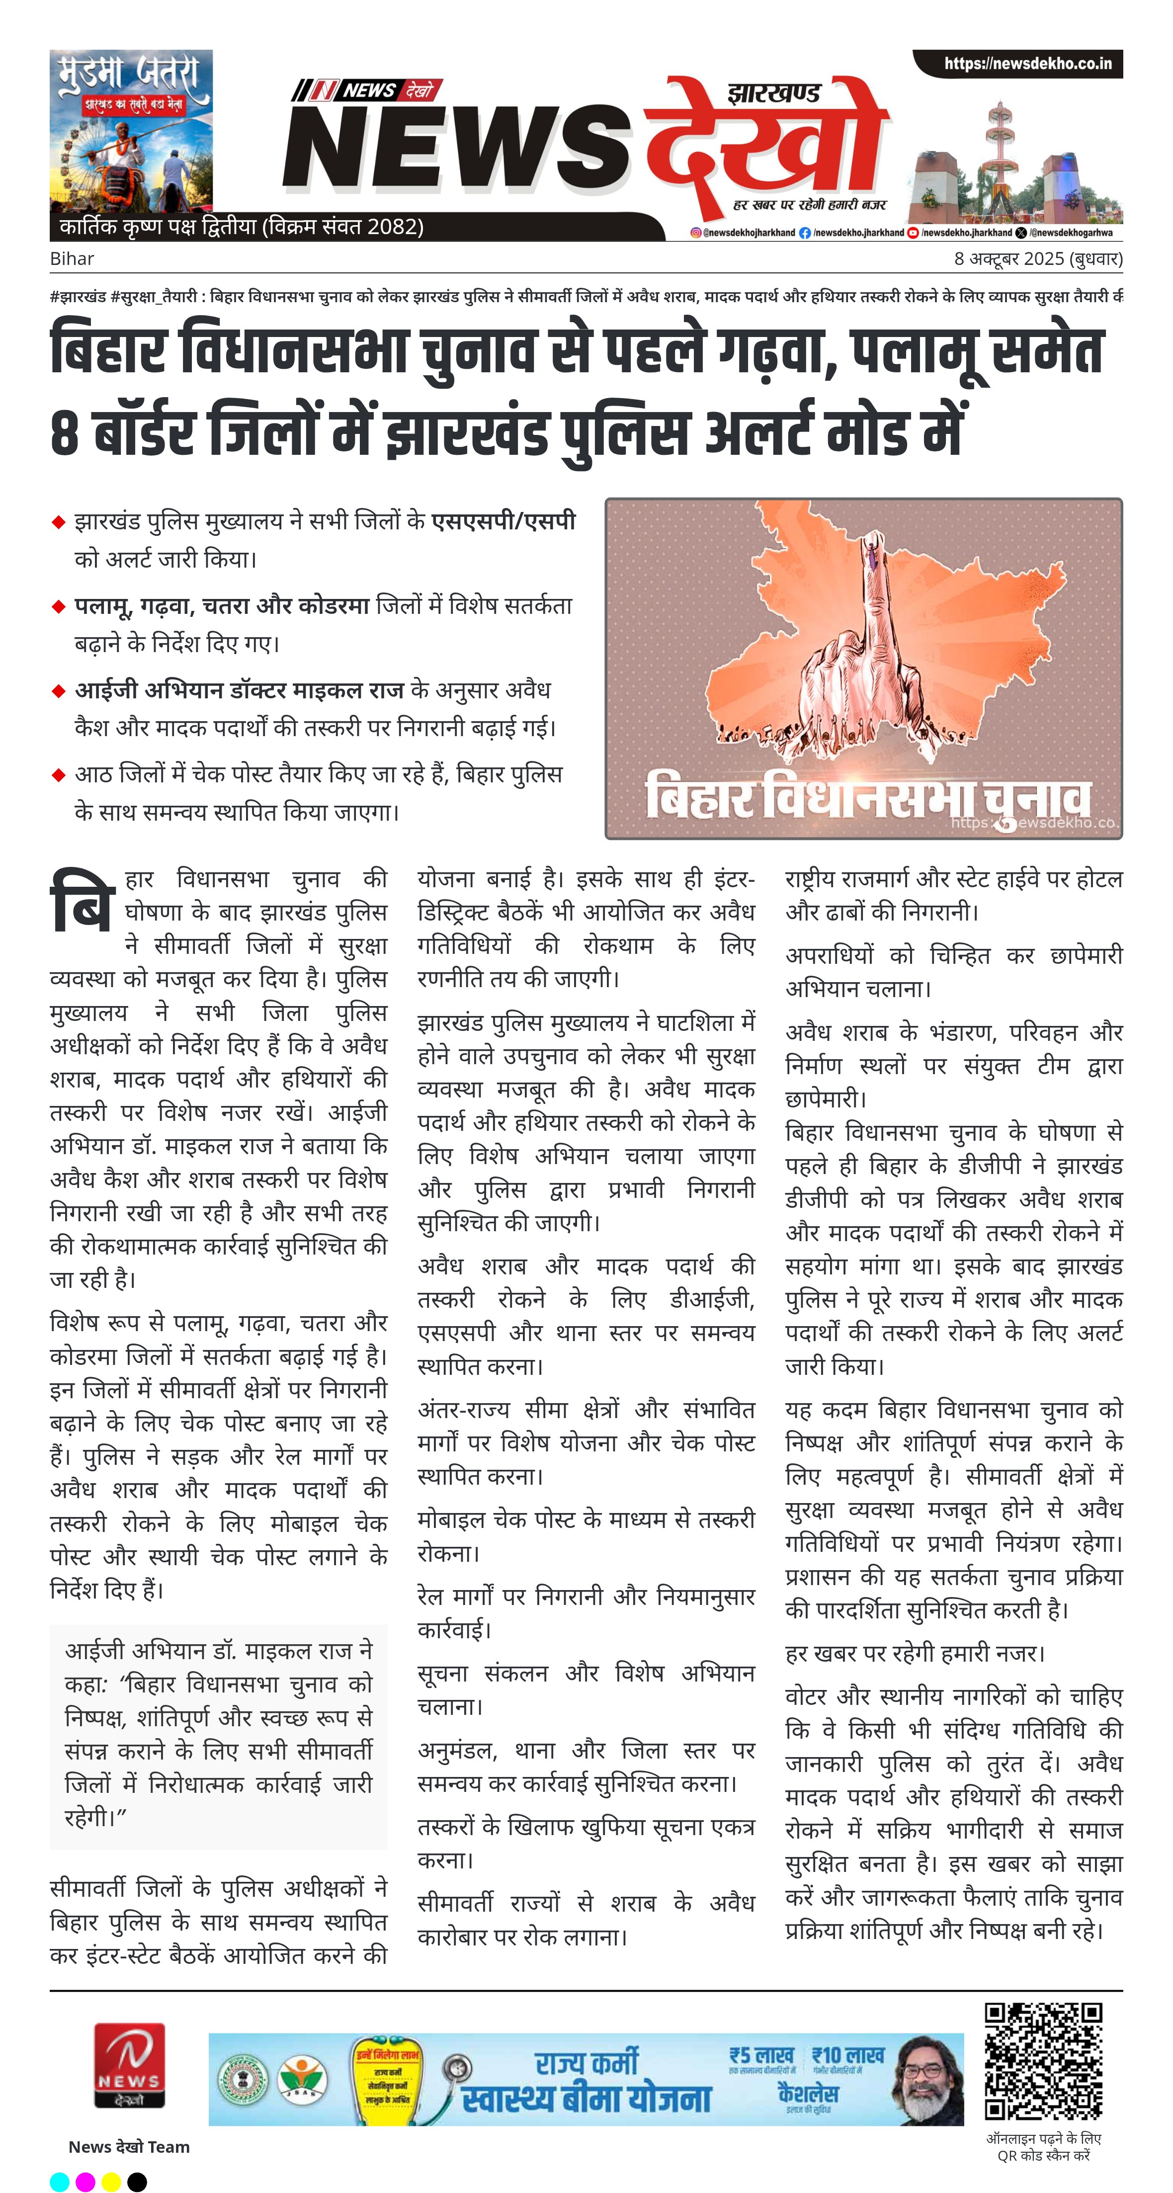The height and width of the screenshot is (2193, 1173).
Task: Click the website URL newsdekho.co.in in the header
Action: click(x=1026, y=64)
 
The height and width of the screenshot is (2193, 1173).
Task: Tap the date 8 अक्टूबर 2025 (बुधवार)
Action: click(x=1037, y=259)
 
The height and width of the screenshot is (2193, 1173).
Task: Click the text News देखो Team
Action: click(x=129, y=2146)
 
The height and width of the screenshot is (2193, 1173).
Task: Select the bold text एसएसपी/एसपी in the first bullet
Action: click(x=503, y=521)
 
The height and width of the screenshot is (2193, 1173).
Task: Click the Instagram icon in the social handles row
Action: click(x=695, y=233)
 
